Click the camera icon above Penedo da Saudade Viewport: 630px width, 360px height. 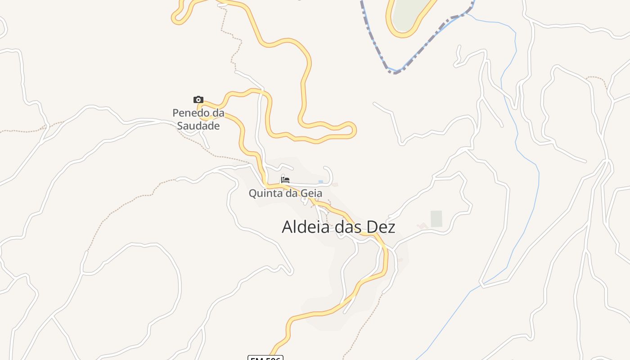198,100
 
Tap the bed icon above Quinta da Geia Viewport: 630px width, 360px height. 285,180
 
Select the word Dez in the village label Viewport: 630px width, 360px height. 381,227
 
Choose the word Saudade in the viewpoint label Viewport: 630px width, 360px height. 198,126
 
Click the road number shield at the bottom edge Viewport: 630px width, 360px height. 265,358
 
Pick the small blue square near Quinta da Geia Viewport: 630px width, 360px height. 320,182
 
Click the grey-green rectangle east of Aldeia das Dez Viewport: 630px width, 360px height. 436,219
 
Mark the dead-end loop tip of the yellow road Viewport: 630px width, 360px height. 354,130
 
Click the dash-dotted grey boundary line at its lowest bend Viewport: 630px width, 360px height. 394,72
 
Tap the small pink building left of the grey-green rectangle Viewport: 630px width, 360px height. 422,225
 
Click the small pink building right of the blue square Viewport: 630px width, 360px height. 335,184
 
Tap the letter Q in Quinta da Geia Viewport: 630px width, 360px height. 253,193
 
